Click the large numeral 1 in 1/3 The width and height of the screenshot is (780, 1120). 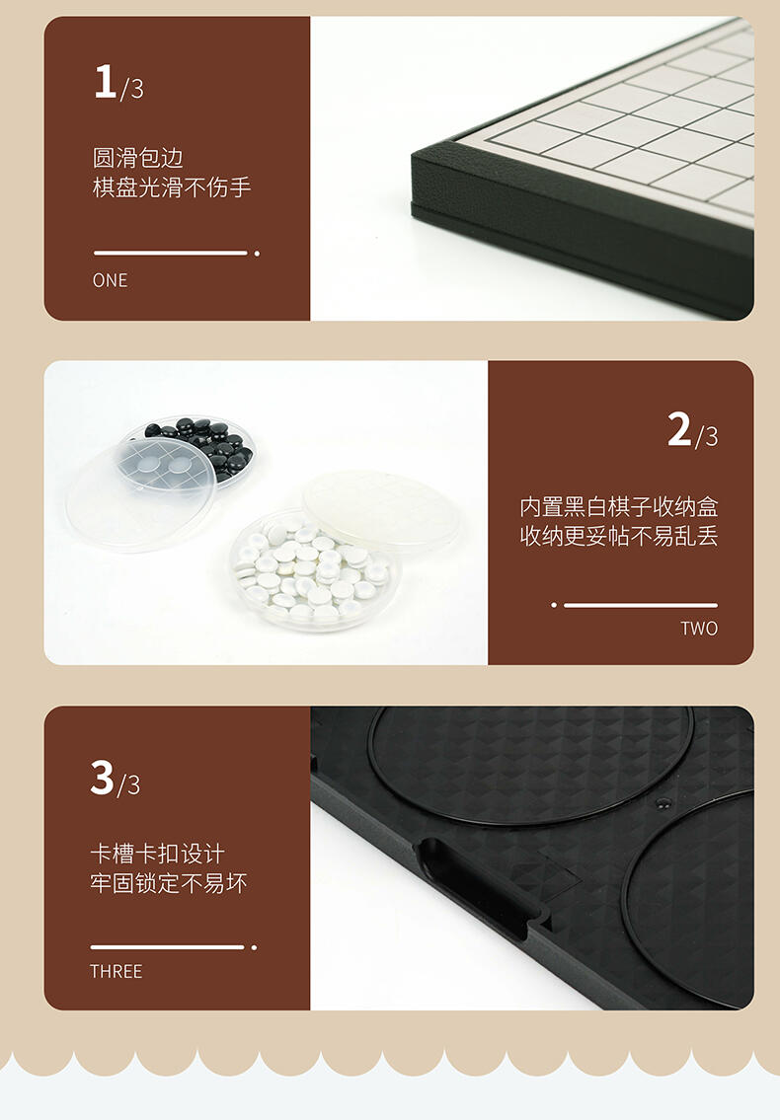105,81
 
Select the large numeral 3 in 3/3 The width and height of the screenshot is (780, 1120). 103,778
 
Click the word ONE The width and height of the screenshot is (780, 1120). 111,280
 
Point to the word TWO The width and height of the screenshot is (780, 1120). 699,629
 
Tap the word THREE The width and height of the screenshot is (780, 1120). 116,971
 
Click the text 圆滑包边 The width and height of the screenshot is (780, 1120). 138,158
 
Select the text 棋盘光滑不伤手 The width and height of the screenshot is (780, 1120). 172,187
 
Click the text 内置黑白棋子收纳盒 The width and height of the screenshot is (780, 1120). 618,507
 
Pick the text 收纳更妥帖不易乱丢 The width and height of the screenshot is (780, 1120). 618,537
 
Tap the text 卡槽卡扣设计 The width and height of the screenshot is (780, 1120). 157,854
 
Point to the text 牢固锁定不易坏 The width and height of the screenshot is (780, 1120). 169,883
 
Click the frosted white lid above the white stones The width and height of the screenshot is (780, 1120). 381,508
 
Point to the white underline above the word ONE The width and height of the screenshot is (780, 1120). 170,253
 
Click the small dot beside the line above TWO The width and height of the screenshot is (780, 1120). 554,605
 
